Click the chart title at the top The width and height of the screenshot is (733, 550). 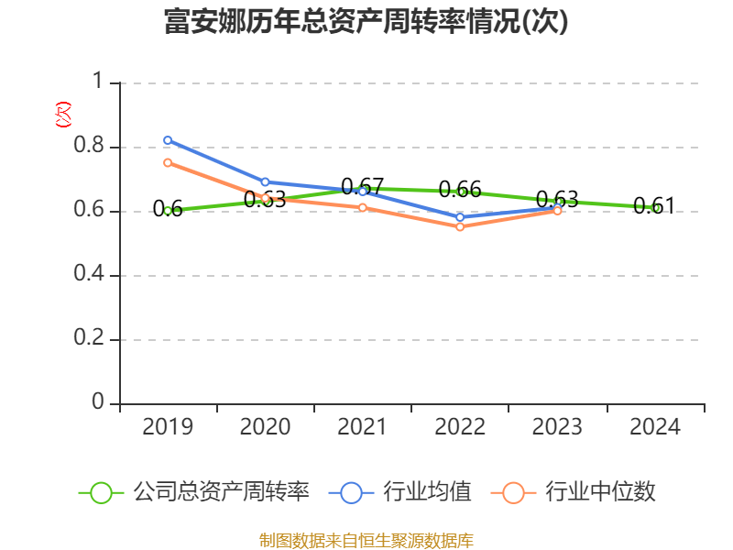[x=366, y=22]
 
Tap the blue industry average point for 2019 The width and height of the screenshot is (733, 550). [x=168, y=140]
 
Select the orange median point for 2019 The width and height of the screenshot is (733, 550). [x=168, y=162]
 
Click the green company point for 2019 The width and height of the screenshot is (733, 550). [x=168, y=211]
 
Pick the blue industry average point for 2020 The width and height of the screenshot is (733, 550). [x=265, y=181]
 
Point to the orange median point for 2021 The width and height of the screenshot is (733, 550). [x=363, y=207]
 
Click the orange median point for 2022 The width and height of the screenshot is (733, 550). [x=460, y=226]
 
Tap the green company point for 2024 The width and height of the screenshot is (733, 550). [x=655, y=208]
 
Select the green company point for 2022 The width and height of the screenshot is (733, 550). [x=461, y=192]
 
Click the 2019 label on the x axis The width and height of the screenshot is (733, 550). [x=168, y=427]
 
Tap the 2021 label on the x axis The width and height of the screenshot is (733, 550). [x=363, y=427]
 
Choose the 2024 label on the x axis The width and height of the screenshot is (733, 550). [x=655, y=427]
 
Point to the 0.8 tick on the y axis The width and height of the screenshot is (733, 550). [x=90, y=147]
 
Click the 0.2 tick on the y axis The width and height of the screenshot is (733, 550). [x=90, y=339]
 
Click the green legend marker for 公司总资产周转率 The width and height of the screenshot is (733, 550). [x=101, y=492]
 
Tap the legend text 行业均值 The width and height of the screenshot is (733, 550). [x=428, y=492]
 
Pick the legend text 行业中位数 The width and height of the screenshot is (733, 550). [x=600, y=492]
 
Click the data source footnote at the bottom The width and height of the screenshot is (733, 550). [x=366, y=540]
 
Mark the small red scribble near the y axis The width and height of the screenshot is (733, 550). [x=63, y=114]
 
